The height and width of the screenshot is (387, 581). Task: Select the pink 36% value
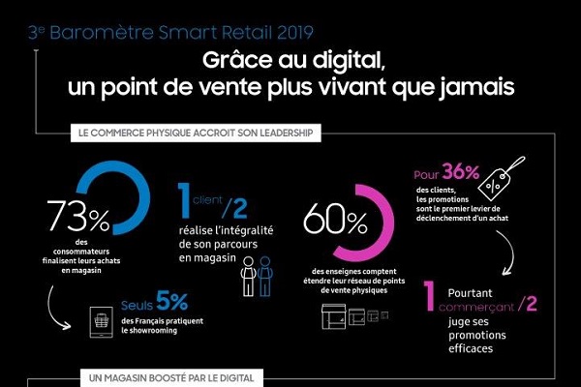pyautogui.click(x=458, y=173)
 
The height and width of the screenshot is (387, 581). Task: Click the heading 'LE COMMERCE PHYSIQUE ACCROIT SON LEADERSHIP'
pyautogui.click(x=191, y=134)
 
